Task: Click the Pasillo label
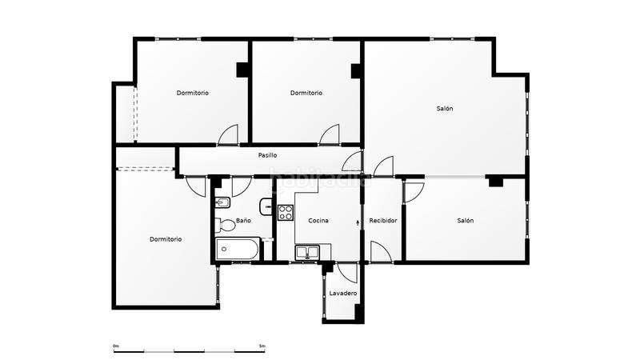[x=267, y=155]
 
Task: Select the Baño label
[x=243, y=221]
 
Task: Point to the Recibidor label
[x=383, y=221]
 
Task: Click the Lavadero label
[x=343, y=294]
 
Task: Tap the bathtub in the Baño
[x=237, y=250]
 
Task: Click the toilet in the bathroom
[x=225, y=224]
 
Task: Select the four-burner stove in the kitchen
[x=286, y=213]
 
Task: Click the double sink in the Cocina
[x=307, y=254]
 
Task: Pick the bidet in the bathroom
[x=223, y=202]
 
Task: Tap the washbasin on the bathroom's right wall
[x=266, y=202]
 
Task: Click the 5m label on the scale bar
[x=262, y=346]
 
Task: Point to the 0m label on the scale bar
[x=116, y=346]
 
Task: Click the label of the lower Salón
[x=465, y=221]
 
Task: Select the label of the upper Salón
[x=445, y=109]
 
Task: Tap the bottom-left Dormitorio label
[x=166, y=239]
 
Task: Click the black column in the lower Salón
[x=495, y=182]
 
